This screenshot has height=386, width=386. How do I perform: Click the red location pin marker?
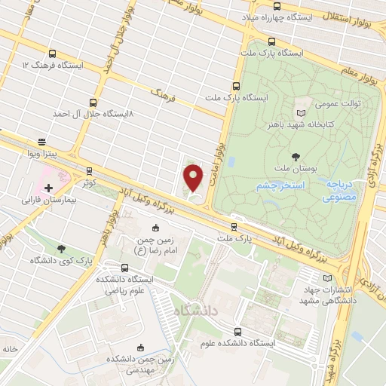(194, 178)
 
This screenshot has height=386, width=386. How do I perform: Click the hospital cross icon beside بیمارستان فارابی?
(48, 187)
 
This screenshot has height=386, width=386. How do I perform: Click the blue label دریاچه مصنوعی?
(340, 191)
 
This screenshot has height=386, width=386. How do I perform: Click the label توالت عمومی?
(337, 103)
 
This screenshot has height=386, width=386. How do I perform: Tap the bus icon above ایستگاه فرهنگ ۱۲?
(52, 54)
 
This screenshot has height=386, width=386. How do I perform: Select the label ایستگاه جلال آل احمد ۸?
(92, 113)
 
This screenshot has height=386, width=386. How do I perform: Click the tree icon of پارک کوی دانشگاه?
(61, 248)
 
